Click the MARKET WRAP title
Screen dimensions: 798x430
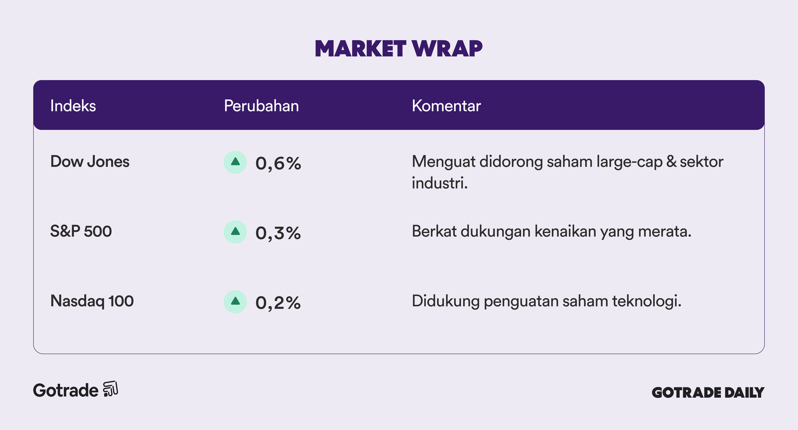(399, 49)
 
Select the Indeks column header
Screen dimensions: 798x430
(73, 106)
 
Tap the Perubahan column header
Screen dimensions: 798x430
(261, 106)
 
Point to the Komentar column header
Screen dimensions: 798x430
(446, 106)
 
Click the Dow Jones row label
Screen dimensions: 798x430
(90, 162)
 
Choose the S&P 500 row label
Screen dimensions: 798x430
(81, 232)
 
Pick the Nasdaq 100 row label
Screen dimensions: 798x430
(92, 301)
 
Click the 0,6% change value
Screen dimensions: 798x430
(278, 163)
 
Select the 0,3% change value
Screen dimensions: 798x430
(278, 233)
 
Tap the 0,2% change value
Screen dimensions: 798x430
(278, 303)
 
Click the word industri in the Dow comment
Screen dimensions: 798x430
(440, 183)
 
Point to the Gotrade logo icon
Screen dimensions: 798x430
(111, 389)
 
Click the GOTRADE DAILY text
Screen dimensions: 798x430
(708, 393)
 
